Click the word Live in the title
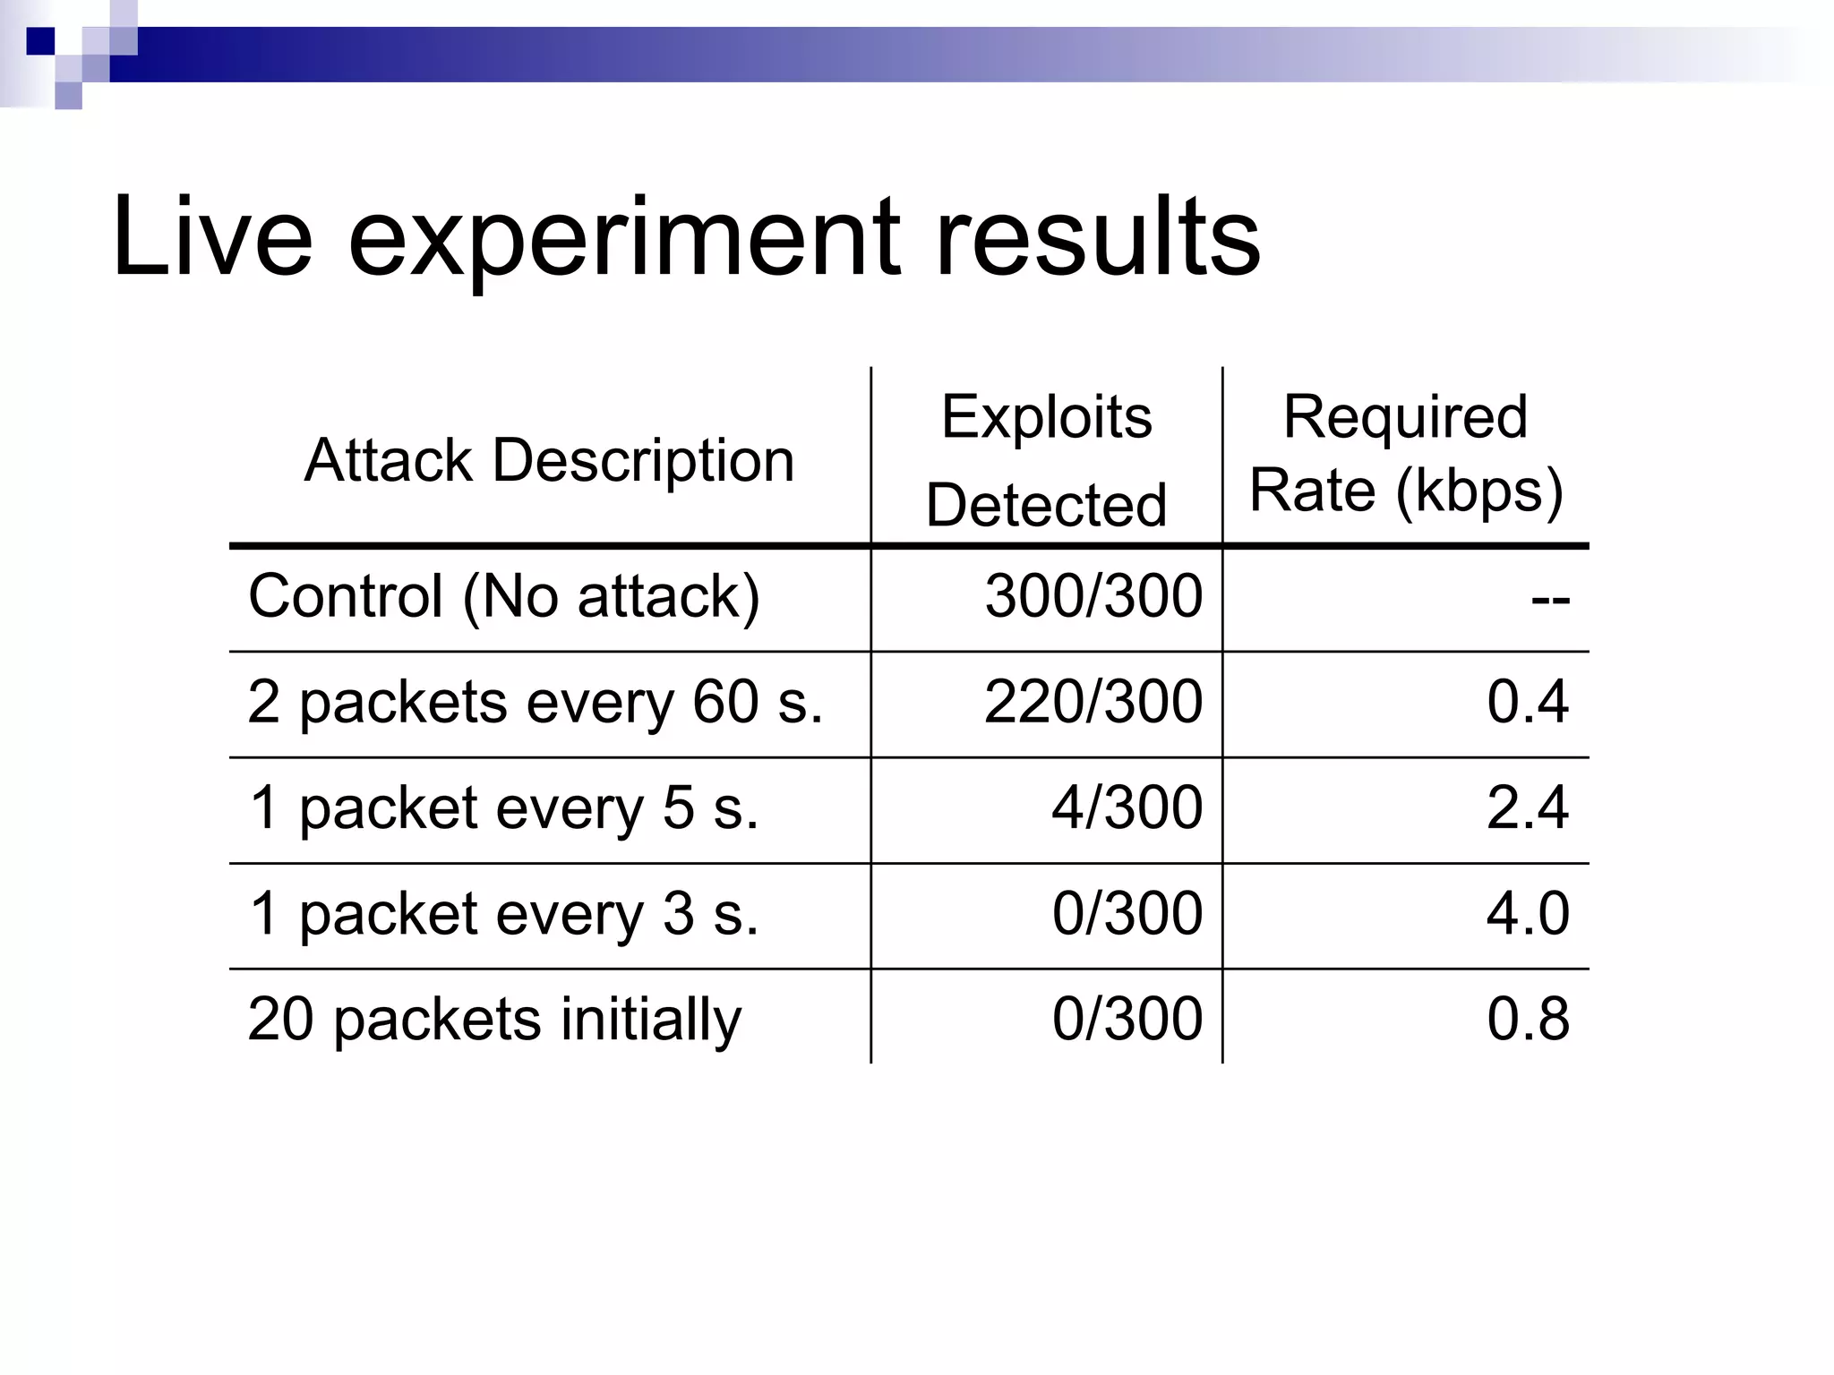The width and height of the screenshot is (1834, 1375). (212, 237)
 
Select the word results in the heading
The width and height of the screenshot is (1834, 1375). (1097, 237)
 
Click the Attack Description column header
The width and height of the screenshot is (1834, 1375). (549, 461)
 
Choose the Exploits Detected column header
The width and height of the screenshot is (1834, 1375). (1046, 460)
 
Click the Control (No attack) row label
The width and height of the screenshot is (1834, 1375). (503, 596)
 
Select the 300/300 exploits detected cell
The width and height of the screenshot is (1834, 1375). (1093, 596)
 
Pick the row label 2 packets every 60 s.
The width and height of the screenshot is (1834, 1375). (535, 702)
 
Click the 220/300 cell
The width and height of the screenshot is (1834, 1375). (1093, 702)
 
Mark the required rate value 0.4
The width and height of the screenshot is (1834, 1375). (1528, 702)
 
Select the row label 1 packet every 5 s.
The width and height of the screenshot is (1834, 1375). (503, 807)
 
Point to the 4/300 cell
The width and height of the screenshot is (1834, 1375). (1127, 807)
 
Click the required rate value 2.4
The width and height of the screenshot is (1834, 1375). (1528, 807)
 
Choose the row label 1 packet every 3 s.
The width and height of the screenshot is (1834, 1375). (503, 914)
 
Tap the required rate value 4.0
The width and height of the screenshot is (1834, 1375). (1528, 914)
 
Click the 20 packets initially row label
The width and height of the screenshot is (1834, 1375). (494, 1020)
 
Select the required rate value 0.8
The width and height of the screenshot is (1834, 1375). (1528, 1020)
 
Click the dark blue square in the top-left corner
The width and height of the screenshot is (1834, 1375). (40, 41)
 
